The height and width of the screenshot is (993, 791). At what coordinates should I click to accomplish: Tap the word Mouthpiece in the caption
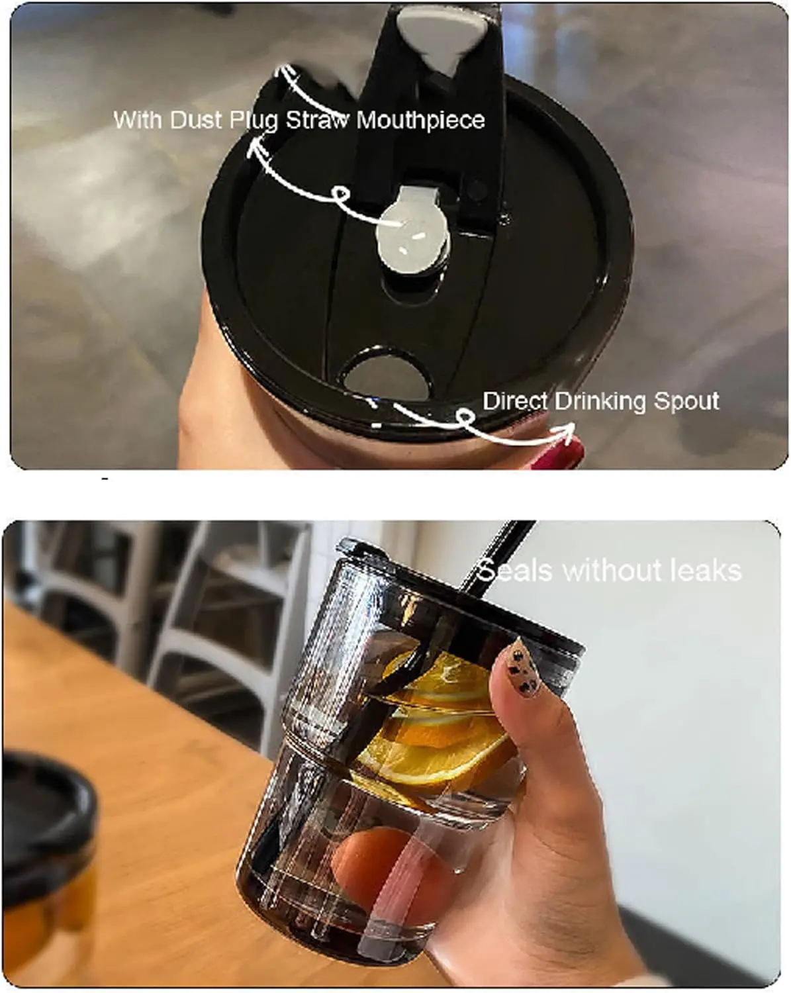(420, 121)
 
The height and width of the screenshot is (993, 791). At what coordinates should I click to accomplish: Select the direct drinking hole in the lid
(387, 375)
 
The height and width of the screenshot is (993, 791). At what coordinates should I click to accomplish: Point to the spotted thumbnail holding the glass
(522, 667)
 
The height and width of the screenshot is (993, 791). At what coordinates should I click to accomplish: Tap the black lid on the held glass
(461, 600)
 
